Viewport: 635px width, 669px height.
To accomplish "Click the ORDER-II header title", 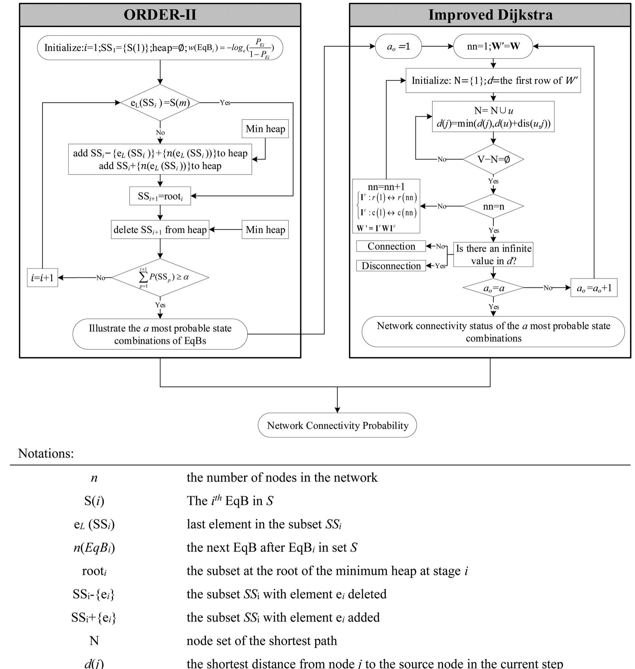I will coord(160,15).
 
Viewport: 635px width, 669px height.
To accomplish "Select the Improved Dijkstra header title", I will coord(490,15).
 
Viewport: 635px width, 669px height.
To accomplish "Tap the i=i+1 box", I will coord(42,278).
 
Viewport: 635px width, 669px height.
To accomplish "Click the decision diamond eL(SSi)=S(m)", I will coord(160,103).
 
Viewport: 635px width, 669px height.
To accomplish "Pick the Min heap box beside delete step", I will coord(265,229).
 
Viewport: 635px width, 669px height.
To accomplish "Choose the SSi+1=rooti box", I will coord(160,196).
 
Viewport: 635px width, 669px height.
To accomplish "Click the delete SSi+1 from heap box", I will coord(160,229).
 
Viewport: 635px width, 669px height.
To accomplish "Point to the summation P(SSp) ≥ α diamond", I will coord(160,277).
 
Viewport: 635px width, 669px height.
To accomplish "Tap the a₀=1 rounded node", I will coord(398,46).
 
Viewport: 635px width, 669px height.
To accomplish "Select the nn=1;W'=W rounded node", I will coord(493,46).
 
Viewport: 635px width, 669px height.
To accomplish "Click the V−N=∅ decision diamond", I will coord(493,159).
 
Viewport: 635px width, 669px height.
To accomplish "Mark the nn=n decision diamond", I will coord(493,206).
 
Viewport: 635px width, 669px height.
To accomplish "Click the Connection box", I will coord(391,246).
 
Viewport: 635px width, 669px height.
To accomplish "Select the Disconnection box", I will coord(391,266).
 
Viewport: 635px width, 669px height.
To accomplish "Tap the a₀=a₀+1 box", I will coord(594,288).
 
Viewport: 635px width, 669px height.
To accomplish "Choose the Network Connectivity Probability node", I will coord(337,425).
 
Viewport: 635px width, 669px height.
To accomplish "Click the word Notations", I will coord(46,453).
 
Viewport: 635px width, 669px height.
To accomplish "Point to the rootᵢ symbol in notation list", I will coord(94,571).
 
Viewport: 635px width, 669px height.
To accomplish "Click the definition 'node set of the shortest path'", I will coord(262,641).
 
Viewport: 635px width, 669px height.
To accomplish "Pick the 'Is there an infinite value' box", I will coord(493,254).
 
